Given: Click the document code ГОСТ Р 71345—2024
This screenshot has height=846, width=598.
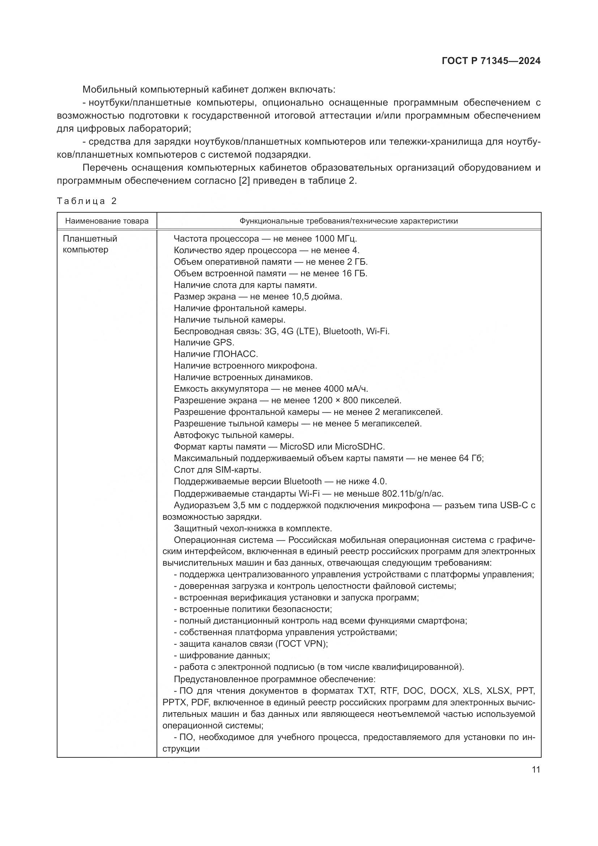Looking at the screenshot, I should (x=491, y=61).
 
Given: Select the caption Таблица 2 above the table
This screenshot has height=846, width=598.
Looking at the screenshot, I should (x=86, y=201).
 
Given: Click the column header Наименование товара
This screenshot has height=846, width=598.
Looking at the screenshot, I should (x=107, y=221).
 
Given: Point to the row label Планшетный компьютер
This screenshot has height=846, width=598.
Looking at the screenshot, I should (x=90, y=244).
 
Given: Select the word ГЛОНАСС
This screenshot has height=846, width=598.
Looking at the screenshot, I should (x=235, y=354).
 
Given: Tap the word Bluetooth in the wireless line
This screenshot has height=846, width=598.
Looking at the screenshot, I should (x=342, y=331).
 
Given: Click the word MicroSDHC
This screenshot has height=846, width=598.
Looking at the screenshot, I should (x=359, y=447).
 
